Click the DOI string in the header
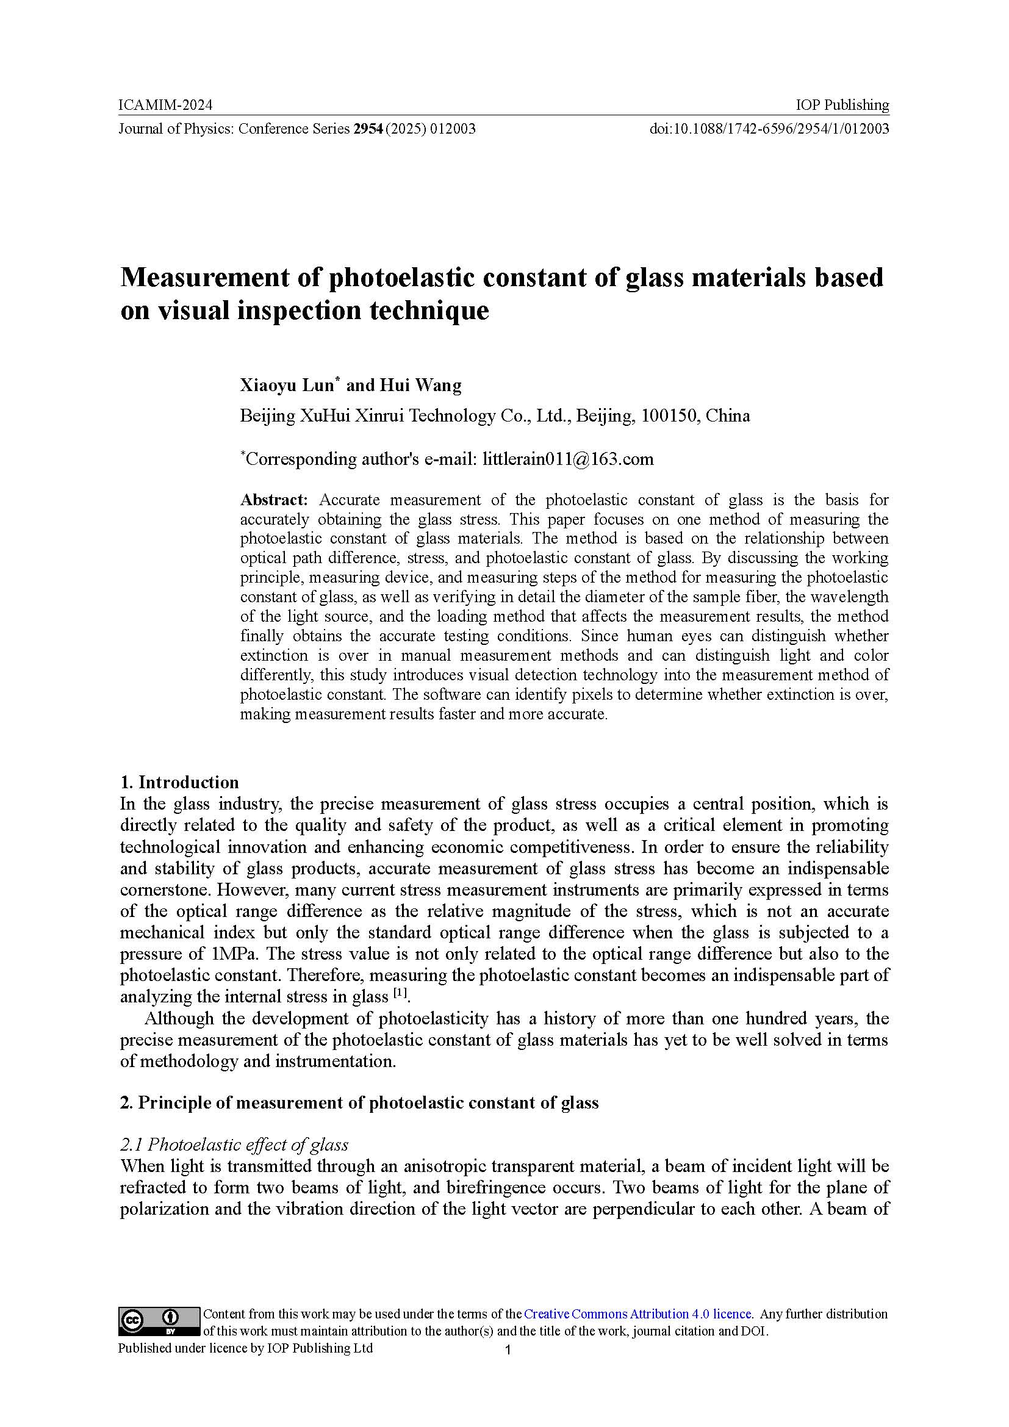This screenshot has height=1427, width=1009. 769,129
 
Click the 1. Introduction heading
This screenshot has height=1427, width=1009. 179,782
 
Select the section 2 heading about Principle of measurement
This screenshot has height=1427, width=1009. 359,1102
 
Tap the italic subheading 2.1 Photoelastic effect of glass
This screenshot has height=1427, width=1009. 234,1144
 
